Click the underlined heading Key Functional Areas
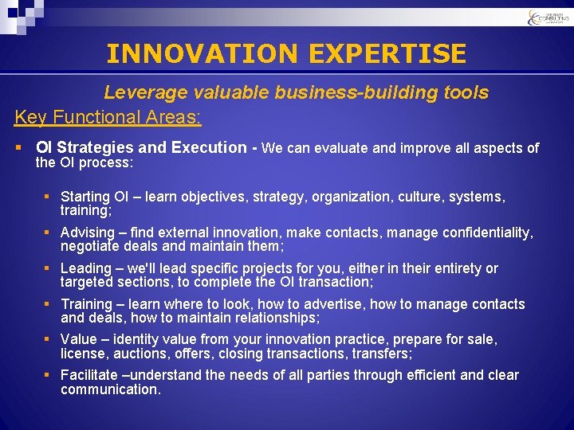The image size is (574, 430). click(108, 117)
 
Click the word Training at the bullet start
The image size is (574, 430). click(86, 304)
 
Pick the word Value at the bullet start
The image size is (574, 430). click(78, 340)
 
